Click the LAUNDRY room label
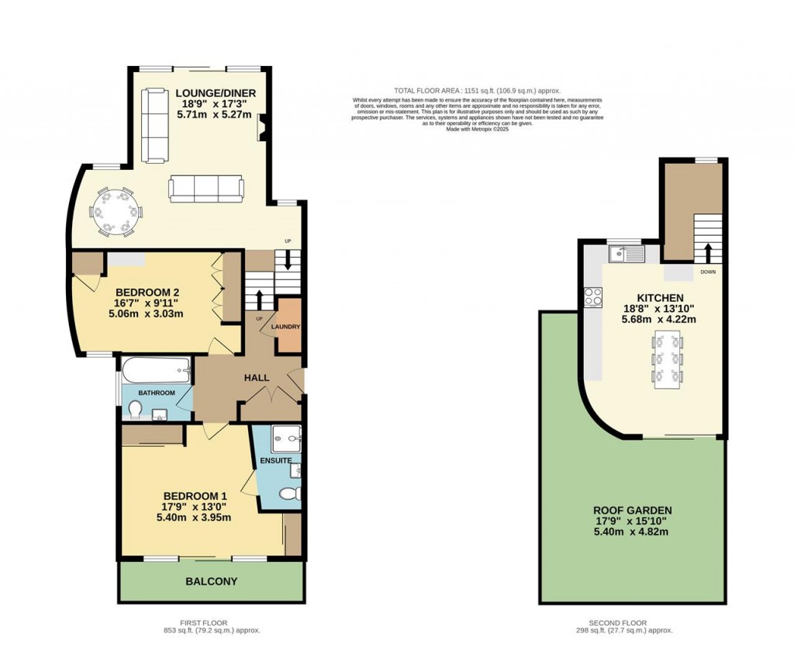[285, 327]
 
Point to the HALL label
[257, 378]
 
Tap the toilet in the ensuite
[290, 494]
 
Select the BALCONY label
[211, 581]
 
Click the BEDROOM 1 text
[195, 496]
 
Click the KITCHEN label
[660, 298]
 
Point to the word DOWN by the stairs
[707, 272]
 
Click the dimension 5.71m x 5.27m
[215, 114]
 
